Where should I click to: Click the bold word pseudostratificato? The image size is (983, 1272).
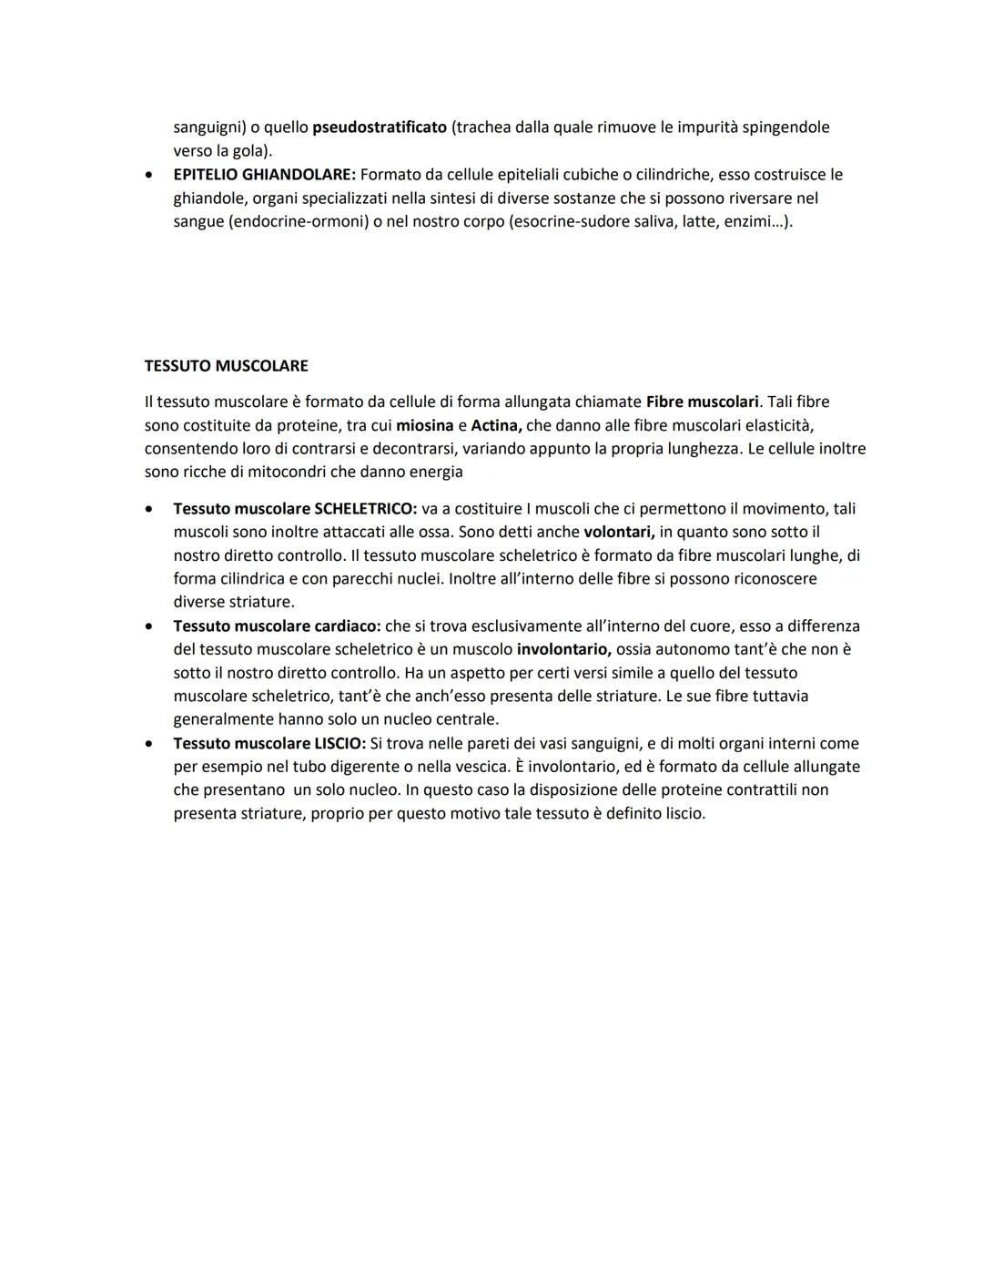(380, 127)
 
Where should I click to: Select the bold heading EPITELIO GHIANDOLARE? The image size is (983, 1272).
(264, 175)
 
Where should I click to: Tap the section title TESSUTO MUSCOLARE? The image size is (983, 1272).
(226, 366)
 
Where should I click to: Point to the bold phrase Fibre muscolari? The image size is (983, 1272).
(702, 402)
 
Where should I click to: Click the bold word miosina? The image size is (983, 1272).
(424, 425)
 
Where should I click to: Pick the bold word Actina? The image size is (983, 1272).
(496, 425)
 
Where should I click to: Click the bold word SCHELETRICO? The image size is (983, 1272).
(359, 509)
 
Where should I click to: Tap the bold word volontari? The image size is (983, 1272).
(619, 532)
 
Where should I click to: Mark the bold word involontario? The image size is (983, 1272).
(563, 649)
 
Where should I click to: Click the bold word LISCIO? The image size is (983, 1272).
(339, 744)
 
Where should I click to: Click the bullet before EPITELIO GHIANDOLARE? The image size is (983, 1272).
(149, 175)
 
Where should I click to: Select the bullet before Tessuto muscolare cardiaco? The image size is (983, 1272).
(149, 626)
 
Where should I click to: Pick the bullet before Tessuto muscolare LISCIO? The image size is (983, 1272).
(149, 744)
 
